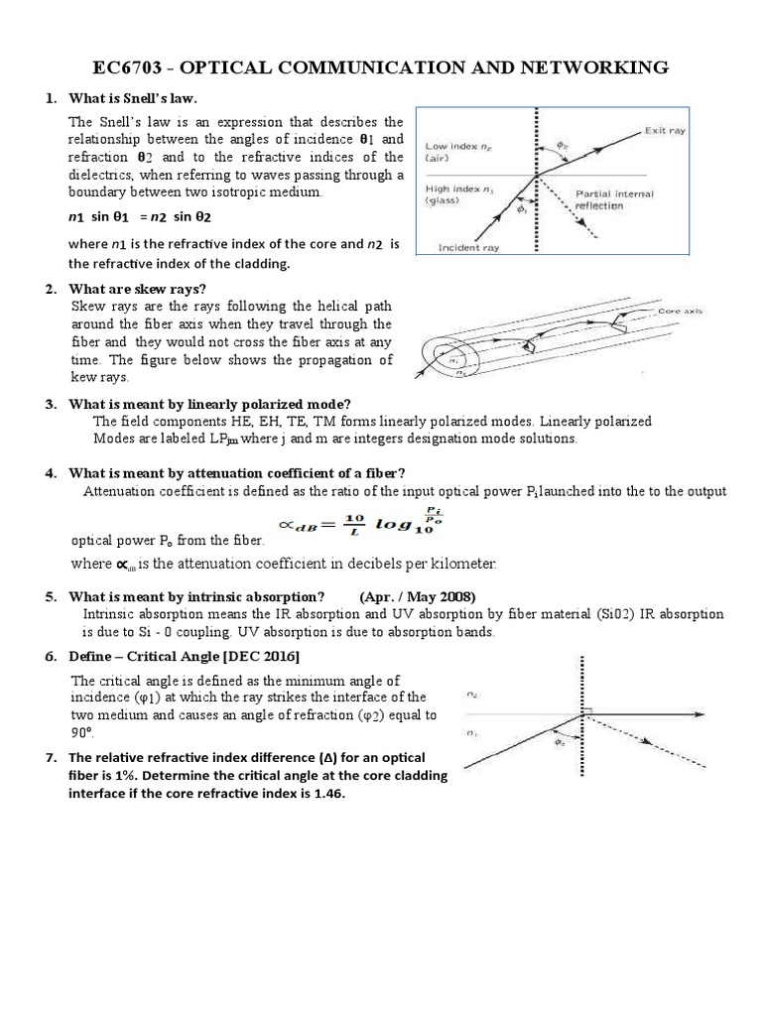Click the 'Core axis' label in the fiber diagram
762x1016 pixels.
pyautogui.click(x=680, y=311)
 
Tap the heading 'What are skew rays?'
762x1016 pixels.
pyautogui.click(x=137, y=289)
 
